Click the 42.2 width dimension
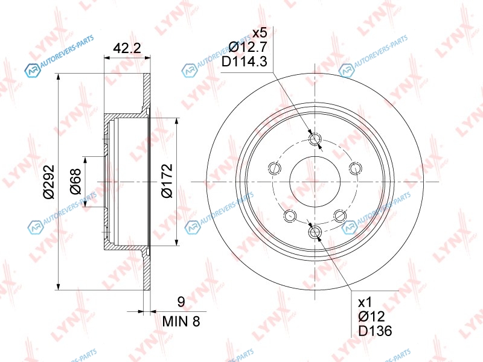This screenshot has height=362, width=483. [x=127, y=48]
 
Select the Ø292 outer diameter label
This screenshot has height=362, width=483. [x=49, y=182]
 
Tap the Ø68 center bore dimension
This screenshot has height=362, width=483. [x=75, y=182]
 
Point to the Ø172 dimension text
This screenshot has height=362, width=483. [x=167, y=180]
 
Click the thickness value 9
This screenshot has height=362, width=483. [x=181, y=302]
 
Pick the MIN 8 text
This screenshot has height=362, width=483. [x=181, y=322]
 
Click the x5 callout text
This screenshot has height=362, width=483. [x=260, y=33]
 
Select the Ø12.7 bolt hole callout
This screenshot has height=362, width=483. [x=248, y=47]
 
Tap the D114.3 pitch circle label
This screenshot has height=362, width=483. [x=245, y=62]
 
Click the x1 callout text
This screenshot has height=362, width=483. [x=365, y=303]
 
